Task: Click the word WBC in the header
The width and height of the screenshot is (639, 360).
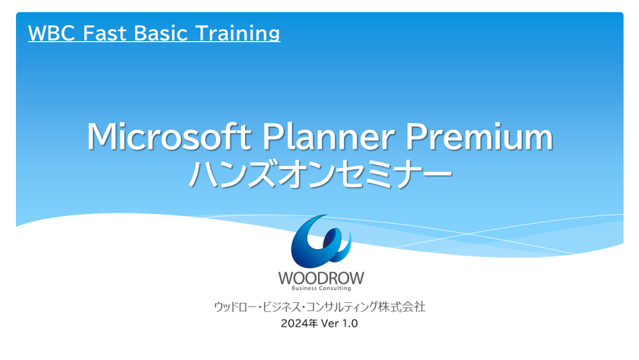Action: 51,33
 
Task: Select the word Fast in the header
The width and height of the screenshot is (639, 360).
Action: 104,33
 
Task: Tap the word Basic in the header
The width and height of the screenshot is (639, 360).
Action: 161,33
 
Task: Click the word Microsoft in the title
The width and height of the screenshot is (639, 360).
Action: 169,136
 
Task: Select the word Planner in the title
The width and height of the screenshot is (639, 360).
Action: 329,136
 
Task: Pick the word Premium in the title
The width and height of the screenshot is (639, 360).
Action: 479,136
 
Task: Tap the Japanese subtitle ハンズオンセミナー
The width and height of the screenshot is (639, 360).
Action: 320,174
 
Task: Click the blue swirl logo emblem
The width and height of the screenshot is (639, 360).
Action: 321,241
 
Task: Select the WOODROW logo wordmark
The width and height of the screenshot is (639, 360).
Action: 321,278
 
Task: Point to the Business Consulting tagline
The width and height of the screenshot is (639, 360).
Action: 321,288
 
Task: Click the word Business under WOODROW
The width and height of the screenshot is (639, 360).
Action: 304,288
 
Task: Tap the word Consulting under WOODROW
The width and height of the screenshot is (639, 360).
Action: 335,288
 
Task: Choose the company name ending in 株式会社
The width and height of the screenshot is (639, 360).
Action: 320,307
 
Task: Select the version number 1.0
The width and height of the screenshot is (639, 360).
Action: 350,323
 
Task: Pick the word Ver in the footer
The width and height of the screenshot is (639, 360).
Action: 330,323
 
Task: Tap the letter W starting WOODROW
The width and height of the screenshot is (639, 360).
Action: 286,278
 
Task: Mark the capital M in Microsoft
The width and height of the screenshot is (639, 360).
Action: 101,136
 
